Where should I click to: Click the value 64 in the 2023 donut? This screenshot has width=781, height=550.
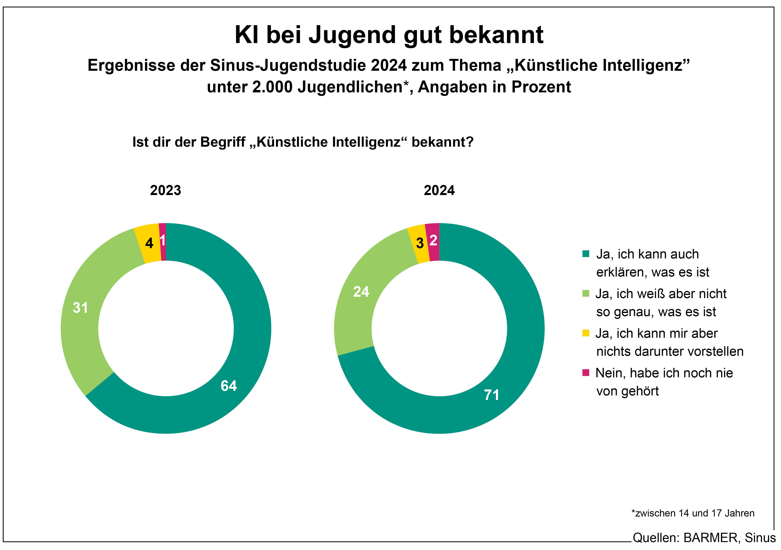229,386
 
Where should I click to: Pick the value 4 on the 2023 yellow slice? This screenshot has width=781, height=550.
149,243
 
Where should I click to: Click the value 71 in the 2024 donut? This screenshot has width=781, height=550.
492,395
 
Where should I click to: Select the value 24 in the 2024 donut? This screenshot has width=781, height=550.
361,292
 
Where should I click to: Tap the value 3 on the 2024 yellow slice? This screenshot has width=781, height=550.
420,243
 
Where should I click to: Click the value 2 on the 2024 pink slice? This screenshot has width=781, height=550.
433,241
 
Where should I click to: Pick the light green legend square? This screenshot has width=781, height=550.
585,293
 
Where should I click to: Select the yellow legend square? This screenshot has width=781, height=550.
585,333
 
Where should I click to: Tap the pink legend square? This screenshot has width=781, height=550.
585,373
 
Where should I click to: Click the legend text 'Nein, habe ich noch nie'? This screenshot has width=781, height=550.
664,373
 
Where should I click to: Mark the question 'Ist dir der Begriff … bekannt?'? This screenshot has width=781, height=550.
303,142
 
